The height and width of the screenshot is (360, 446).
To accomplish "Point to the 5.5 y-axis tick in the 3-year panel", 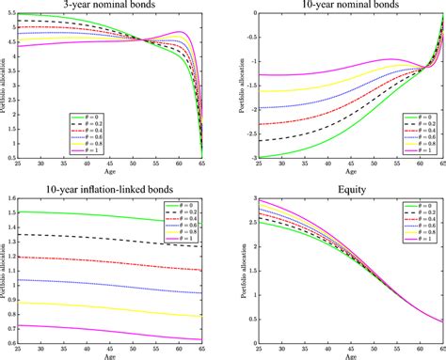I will [16, 14].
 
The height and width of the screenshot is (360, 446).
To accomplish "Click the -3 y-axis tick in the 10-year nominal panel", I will [240, 157].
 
